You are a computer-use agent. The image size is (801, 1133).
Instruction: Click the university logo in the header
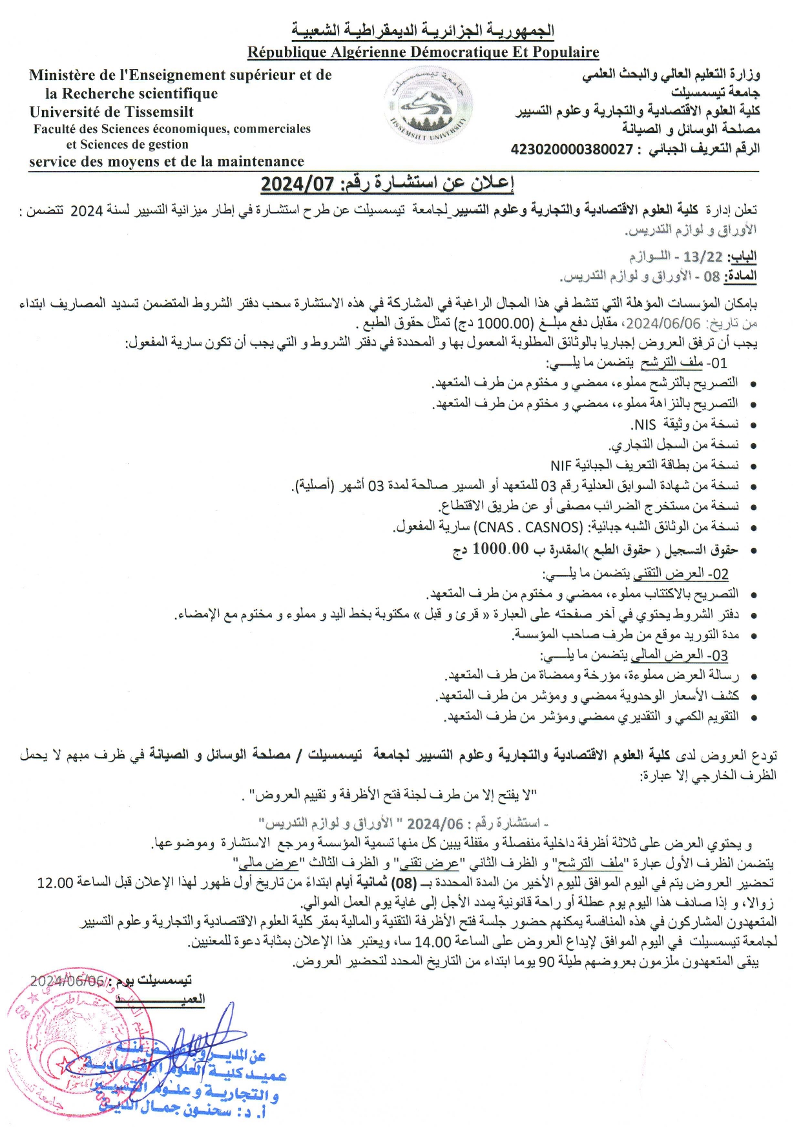click(430, 107)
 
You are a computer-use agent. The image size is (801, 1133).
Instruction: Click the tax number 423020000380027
click(572, 149)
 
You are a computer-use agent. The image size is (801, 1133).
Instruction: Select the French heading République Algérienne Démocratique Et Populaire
click(423, 52)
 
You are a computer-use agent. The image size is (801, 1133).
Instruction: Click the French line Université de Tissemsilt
click(112, 111)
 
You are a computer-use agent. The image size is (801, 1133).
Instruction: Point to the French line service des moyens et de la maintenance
click(167, 161)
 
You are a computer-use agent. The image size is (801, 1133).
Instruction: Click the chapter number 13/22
click(703, 256)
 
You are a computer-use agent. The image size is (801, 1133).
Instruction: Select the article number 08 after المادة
click(711, 276)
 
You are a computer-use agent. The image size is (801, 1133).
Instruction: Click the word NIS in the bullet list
click(645, 424)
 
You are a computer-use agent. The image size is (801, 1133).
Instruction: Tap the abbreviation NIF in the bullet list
click(561, 465)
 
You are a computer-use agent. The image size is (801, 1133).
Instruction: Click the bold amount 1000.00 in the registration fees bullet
click(501, 549)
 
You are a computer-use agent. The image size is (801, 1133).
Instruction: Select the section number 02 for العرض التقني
click(721, 574)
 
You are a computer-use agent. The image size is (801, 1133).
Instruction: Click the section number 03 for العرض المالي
click(720, 656)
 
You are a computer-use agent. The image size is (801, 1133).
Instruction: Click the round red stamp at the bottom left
click(78, 1046)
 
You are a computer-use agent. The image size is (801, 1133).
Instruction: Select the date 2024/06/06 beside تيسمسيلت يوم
click(67, 981)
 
